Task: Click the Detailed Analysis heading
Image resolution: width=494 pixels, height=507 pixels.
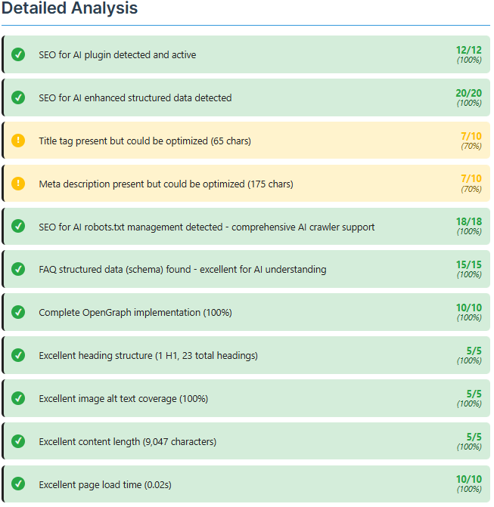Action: [x=70, y=9]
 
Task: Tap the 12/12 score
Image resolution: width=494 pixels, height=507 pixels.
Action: [x=468, y=50]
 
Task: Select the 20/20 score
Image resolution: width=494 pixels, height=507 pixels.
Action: [x=468, y=93]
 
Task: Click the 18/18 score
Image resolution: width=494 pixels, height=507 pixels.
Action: [x=468, y=222]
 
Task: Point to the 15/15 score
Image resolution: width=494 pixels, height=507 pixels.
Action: [x=468, y=265]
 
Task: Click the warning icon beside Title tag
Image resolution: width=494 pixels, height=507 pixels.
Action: [x=19, y=141]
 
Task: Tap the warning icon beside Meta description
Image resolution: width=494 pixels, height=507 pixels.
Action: [x=19, y=184]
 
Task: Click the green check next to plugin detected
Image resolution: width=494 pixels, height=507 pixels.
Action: [x=19, y=54]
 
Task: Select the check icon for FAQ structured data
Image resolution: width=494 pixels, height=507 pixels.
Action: [x=19, y=270]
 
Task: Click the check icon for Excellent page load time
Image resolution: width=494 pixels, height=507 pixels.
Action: [x=19, y=484]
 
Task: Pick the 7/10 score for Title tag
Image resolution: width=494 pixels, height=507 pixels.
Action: [x=471, y=136]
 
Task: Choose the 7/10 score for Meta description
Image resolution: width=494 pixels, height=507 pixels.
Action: [x=471, y=179]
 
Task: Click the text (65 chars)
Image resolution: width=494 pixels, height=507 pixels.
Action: [x=231, y=141]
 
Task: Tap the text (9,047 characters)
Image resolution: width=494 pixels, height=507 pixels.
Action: [x=179, y=442]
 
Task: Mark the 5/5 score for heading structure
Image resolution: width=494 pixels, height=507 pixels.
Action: [x=474, y=351]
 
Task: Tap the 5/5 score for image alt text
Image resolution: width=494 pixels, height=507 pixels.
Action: [x=474, y=394]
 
